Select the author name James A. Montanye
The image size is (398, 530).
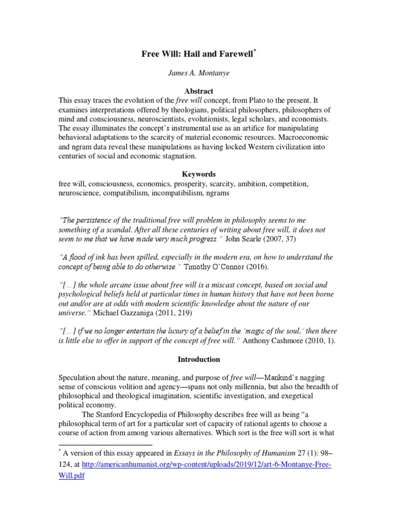(198, 73)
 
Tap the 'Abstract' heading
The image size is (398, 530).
(198, 91)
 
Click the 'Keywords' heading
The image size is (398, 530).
(198, 174)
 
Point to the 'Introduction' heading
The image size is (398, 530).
(198, 359)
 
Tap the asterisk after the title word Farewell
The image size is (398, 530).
(255, 51)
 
